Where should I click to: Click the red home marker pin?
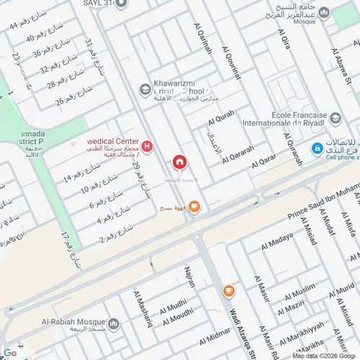(179, 162)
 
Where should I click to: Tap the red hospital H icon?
(148, 148)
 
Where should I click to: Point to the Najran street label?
(189, 275)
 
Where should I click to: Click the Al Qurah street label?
(220, 114)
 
